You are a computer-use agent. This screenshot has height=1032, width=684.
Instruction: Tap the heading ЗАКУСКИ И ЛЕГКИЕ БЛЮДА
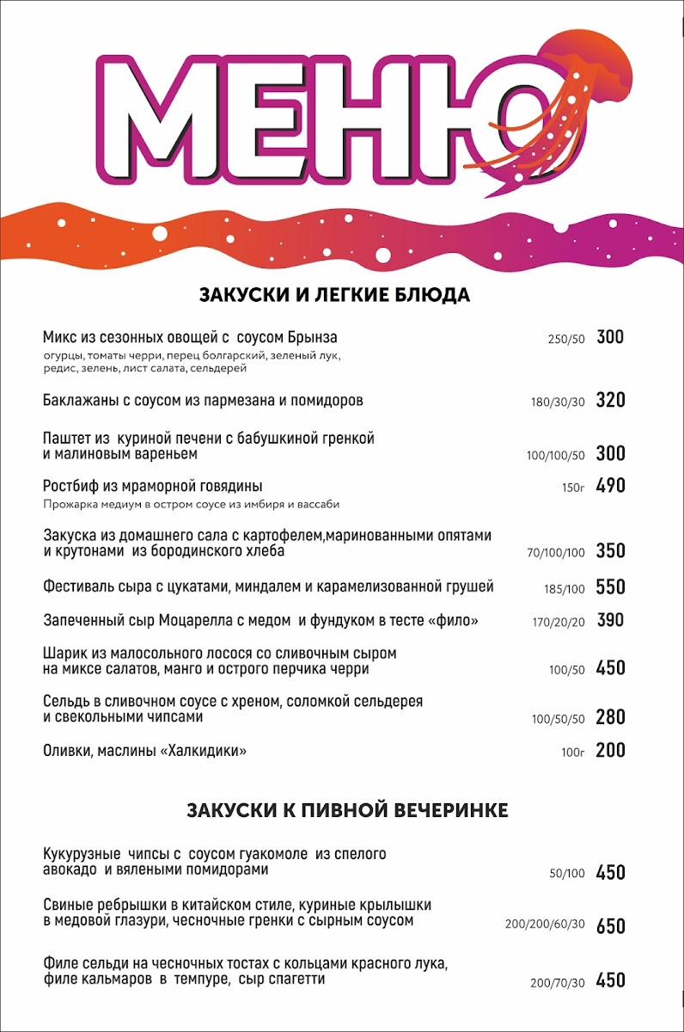(x=335, y=296)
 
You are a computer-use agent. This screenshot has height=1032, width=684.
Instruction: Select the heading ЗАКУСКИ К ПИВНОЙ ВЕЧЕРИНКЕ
(x=347, y=810)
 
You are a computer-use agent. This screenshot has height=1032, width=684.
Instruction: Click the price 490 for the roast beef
(x=610, y=486)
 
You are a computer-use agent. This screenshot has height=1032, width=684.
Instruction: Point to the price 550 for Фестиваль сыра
(x=610, y=587)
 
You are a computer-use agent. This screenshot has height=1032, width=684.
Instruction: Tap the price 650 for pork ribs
(x=610, y=926)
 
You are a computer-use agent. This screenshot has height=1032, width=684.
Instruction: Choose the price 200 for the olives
(x=610, y=751)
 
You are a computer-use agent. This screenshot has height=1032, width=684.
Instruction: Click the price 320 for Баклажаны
(x=610, y=400)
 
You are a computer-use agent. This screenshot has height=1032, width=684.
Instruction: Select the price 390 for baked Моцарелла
(x=610, y=620)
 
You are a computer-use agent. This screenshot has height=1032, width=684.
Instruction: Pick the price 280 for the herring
(x=610, y=717)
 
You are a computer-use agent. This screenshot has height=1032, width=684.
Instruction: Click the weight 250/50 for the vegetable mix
(x=565, y=339)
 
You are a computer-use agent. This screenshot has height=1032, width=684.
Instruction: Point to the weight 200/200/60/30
(x=545, y=925)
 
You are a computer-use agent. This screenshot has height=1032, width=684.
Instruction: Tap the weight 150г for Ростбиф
(x=573, y=488)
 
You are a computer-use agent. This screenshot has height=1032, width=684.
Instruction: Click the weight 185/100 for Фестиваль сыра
(x=565, y=589)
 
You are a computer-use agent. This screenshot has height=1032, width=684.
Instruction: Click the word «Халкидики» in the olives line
(x=202, y=751)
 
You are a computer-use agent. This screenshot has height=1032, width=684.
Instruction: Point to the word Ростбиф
(x=71, y=486)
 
